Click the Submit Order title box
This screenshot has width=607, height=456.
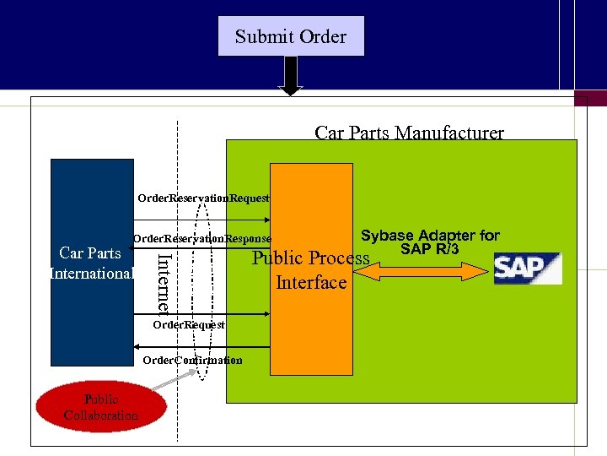291,36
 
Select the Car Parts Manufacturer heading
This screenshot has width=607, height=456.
409,133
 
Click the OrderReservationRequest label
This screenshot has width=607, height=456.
203,198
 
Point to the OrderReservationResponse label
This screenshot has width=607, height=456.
202,239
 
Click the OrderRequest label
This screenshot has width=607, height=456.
189,324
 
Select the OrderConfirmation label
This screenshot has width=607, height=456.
192,360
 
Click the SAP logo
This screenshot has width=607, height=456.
527,268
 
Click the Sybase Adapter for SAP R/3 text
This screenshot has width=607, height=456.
430,242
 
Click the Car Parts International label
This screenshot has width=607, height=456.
91,263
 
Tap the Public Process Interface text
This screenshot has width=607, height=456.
311,269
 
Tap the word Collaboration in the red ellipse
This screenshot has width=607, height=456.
100,415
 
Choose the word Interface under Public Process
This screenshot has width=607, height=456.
311,282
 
